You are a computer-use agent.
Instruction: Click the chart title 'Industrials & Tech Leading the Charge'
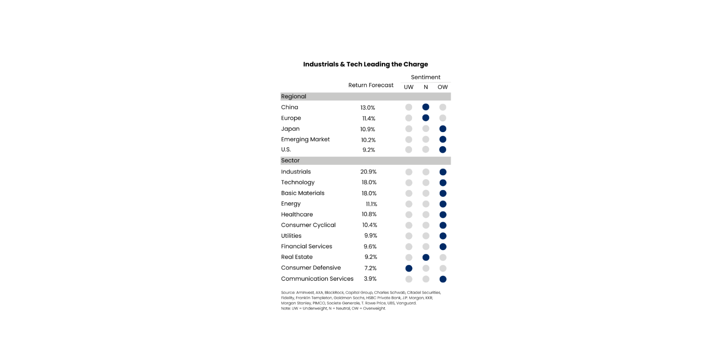[x=365, y=64]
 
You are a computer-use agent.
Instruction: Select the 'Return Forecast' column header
[x=371, y=85]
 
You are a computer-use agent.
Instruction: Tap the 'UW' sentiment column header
[x=408, y=87]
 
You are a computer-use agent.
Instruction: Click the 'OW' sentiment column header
[x=443, y=87]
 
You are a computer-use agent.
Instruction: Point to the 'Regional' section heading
[x=294, y=96]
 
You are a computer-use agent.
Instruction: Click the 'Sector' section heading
[x=290, y=161]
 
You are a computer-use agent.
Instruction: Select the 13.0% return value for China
[x=367, y=108]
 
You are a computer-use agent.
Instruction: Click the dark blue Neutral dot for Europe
[x=426, y=118]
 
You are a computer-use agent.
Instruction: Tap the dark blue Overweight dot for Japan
[x=443, y=129]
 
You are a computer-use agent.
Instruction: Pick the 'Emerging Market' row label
[x=305, y=139]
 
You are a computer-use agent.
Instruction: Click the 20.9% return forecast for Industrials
[x=368, y=172]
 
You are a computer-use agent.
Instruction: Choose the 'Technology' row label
[x=298, y=183]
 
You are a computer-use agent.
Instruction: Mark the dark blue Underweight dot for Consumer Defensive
[x=409, y=268]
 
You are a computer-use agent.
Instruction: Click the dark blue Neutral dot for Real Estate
[x=426, y=257]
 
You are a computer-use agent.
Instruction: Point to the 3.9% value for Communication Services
[x=370, y=279]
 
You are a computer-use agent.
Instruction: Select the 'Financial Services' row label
[x=307, y=246]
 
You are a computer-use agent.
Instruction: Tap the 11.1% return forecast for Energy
[x=371, y=204]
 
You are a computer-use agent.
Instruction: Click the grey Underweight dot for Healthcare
[x=409, y=215]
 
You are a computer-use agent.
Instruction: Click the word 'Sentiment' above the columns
[x=425, y=77]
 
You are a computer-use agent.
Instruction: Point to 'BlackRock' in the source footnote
[x=334, y=293]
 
